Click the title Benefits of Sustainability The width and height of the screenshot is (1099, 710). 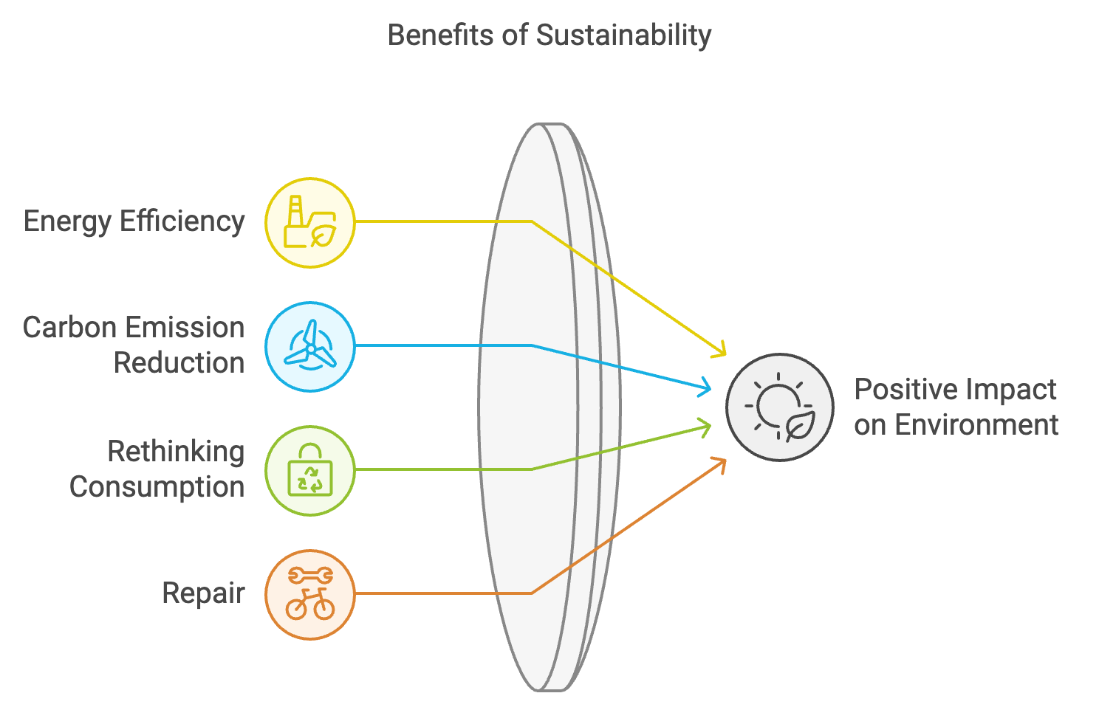[x=549, y=35]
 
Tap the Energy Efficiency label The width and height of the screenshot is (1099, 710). [x=134, y=221]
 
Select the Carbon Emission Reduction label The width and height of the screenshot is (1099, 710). [x=134, y=345]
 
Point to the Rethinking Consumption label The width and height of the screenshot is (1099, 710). [x=157, y=469]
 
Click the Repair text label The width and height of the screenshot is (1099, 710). [x=203, y=593]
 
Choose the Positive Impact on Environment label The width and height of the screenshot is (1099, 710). [x=956, y=407]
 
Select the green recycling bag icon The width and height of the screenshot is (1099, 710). [x=310, y=469]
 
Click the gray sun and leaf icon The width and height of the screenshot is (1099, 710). [x=780, y=407]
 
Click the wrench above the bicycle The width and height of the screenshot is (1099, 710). [x=310, y=575]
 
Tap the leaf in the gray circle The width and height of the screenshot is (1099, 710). [x=800, y=426]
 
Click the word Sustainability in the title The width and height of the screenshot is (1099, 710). [x=623, y=35]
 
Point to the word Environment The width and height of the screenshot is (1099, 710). [x=976, y=424]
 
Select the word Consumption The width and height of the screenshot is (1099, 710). [x=157, y=486]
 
